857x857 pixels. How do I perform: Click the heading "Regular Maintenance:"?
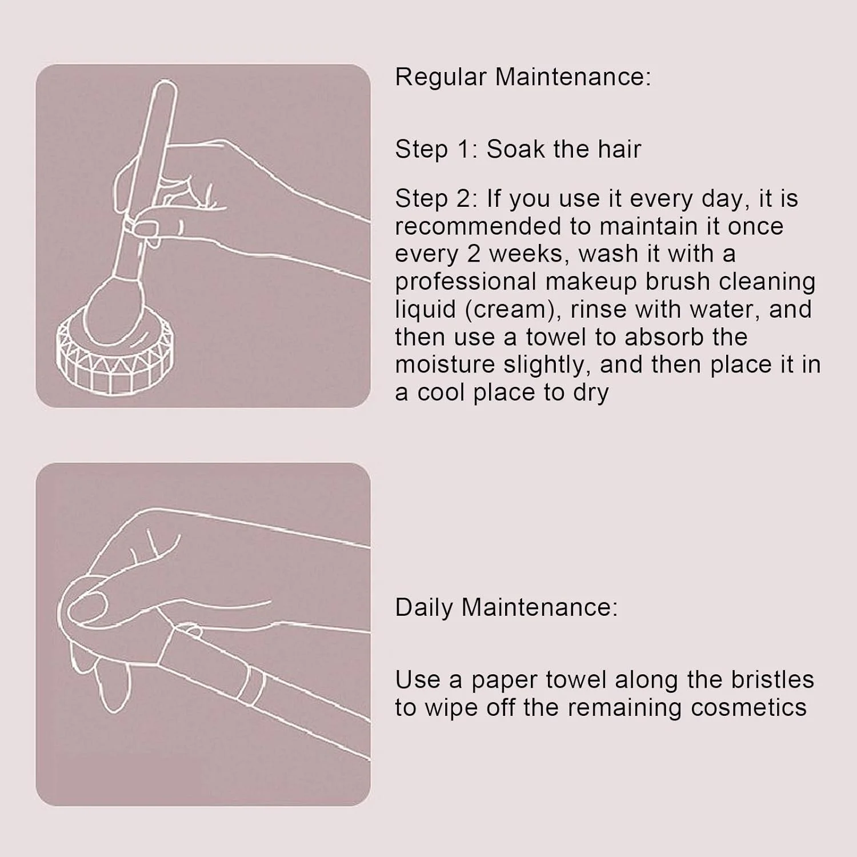[x=523, y=77]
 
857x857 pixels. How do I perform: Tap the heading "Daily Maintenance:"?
[x=506, y=607]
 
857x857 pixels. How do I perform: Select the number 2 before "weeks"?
[x=474, y=254]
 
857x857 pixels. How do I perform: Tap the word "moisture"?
[x=445, y=365]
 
